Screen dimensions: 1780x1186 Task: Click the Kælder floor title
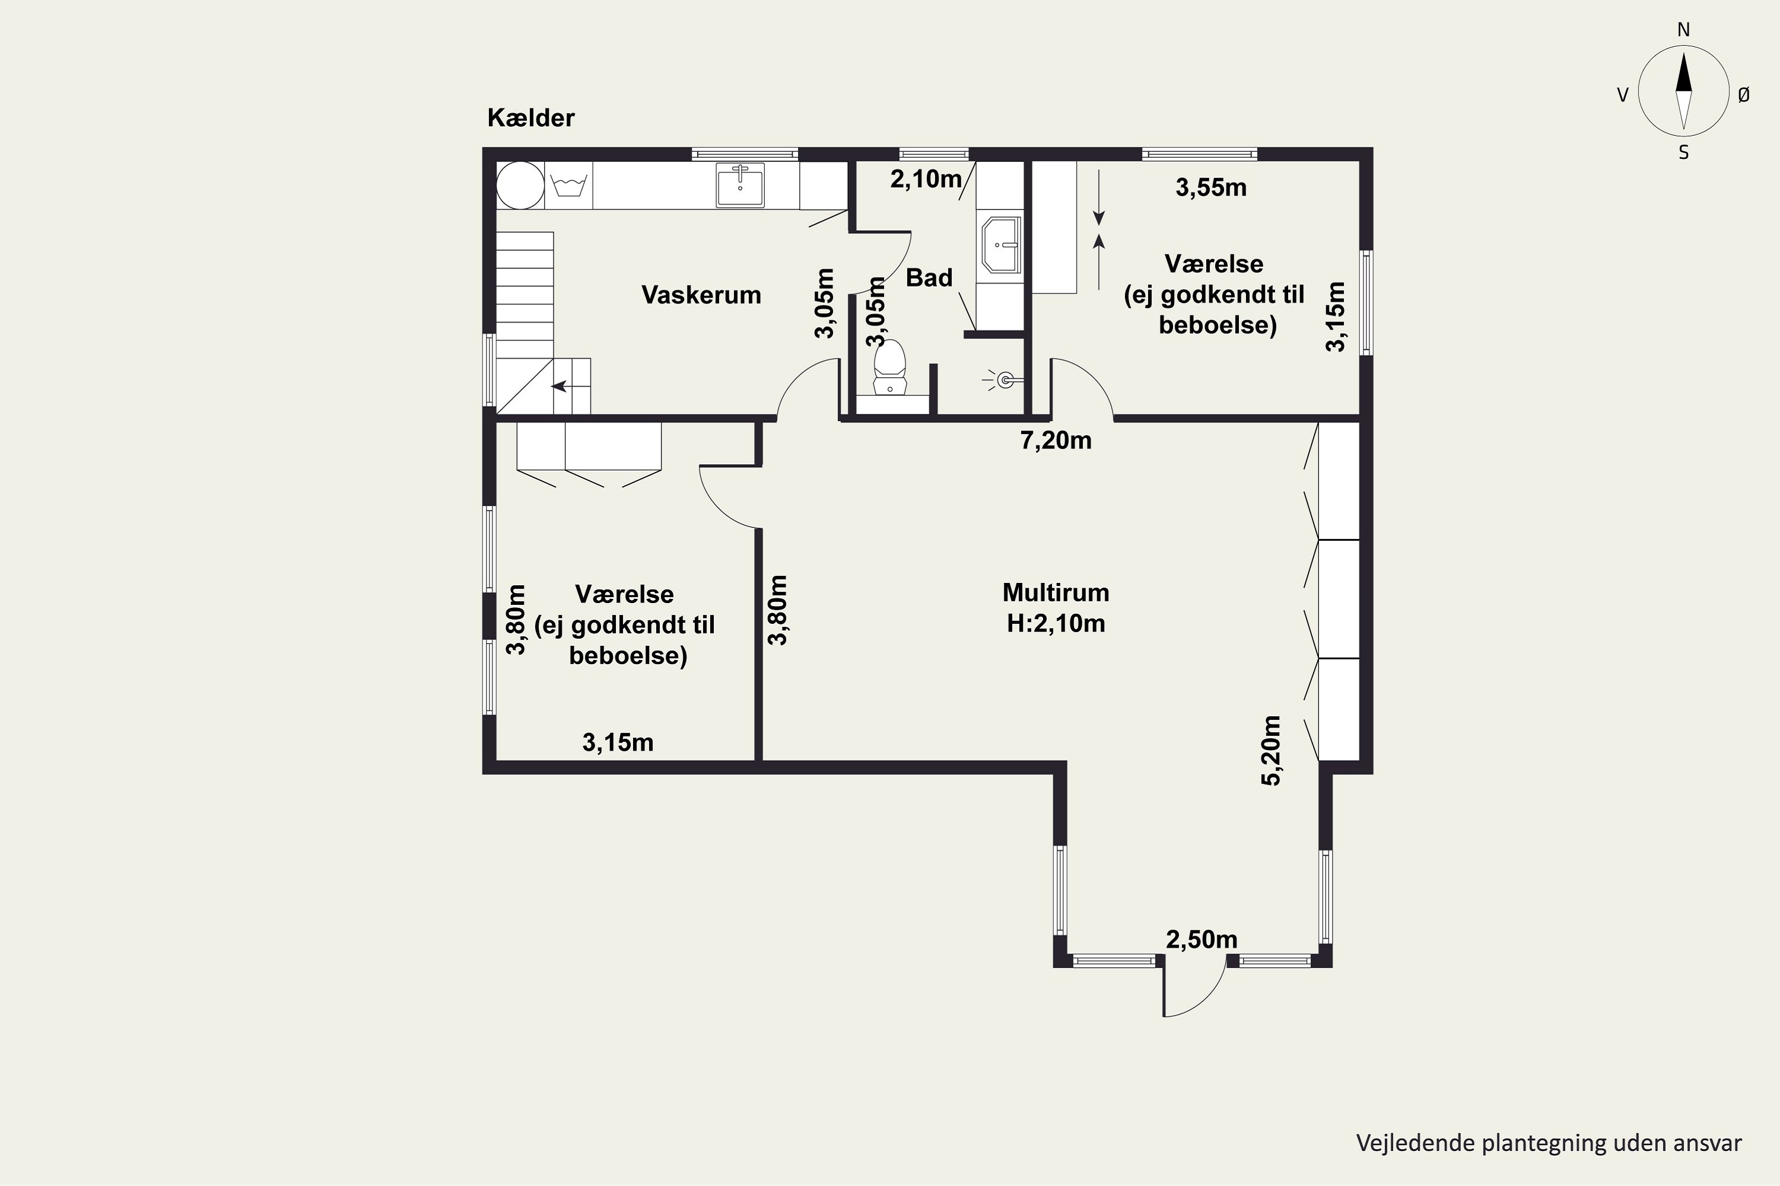click(530, 118)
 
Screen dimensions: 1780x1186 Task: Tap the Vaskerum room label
click(701, 295)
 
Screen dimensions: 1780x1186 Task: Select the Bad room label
click(929, 278)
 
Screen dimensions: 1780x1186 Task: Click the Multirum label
click(1056, 592)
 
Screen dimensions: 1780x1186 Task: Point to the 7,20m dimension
click(1056, 440)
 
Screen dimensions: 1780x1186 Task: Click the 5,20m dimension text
click(1272, 750)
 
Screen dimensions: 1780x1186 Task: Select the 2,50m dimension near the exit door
click(1202, 939)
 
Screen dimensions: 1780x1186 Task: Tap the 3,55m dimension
click(1211, 187)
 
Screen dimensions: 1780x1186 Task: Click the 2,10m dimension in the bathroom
click(926, 179)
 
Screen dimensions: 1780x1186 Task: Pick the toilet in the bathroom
click(890, 367)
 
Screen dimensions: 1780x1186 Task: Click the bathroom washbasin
click(1002, 244)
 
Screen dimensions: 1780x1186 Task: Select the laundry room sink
click(740, 184)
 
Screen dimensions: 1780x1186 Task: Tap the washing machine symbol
click(568, 185)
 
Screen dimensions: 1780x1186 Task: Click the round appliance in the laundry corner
click(520, 185)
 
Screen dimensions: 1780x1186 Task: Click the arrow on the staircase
click(560, 387)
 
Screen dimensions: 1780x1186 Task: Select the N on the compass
click(1683, 30)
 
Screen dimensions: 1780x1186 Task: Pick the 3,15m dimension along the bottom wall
click(618, 743)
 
